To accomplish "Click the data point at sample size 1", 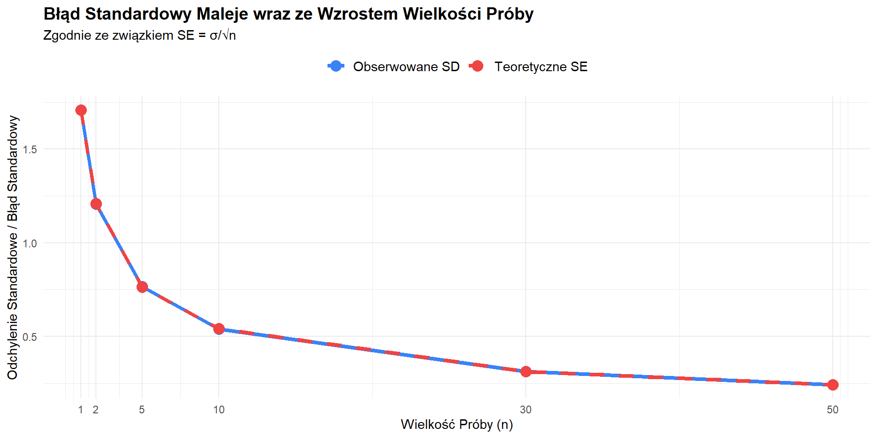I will tap(81, 110).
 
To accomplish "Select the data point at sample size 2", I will tap(96, 204).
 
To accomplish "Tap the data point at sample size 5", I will tap(142, 287).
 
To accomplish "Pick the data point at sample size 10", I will tap(219, 329).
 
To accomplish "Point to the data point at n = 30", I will tap(526, 371).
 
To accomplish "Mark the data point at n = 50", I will tap(833, 385).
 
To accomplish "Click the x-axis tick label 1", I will tap(81, 410).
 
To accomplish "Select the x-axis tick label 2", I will tap(96, 410).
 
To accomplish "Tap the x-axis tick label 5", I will tap(142, 410).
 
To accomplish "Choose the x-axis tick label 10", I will tap(219, 410).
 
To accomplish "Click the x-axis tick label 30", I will tap(526, 410).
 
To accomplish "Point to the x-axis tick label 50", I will tap(833, 410).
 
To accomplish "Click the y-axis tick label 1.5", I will tap(30, 149).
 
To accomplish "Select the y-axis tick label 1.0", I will tap(30, 243).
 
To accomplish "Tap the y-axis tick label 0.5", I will tap(30, 337).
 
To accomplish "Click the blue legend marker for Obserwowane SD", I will tap(336, 67).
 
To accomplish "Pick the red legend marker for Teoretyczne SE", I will tap(477, 67).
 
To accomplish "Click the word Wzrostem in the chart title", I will tap(358, 14).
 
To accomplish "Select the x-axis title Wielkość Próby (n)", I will tap(457, 424).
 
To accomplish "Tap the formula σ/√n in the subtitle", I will tap(223, 36).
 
